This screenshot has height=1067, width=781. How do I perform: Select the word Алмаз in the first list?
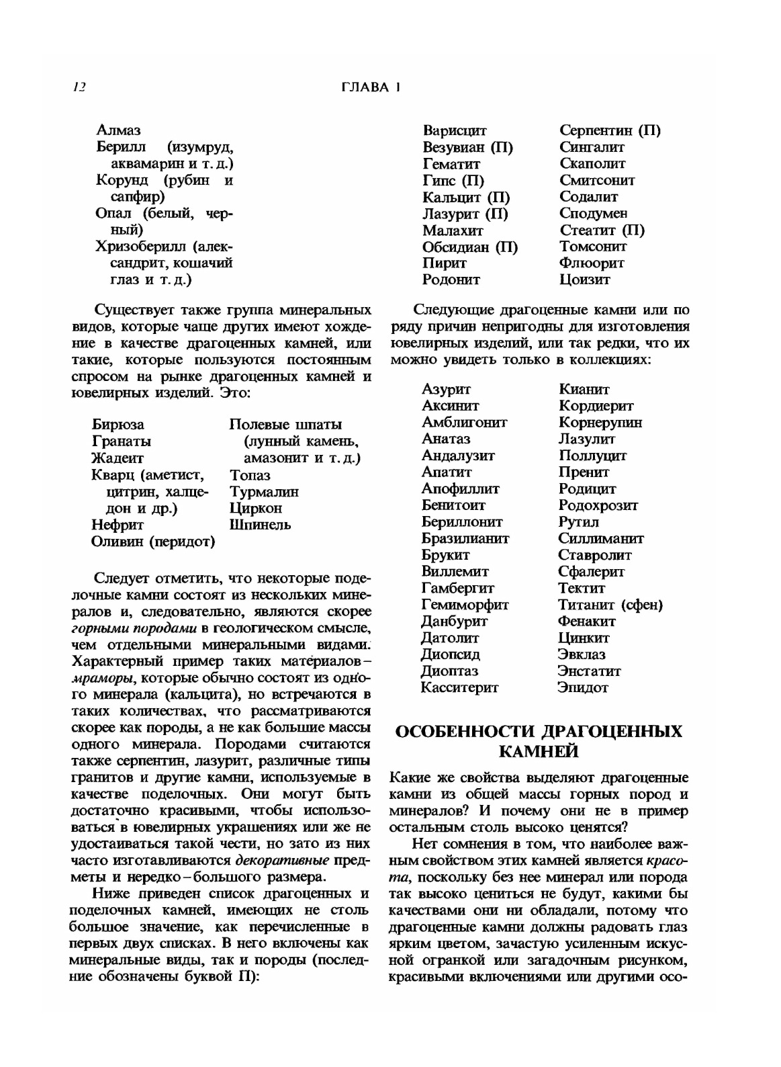[118, 130]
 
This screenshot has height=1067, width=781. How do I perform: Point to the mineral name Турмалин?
[264, 492]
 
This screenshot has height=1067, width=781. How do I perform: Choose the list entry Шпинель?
[260, 525]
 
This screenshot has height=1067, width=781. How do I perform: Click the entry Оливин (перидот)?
[153, 542]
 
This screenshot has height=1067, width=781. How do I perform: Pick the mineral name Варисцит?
[455, 130]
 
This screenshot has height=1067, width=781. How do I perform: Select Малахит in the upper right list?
[453, 230]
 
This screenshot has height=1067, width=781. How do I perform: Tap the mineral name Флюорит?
[592, 263]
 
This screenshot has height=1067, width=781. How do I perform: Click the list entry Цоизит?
[584, 280]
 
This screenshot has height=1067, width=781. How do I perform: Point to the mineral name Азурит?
[446, 389]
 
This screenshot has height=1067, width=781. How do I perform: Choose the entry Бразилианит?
[465, 538]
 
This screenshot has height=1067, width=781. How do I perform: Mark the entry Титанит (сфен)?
[610, 605]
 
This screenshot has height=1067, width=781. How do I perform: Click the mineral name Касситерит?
[459, 687]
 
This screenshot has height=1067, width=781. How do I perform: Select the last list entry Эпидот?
[583, 687]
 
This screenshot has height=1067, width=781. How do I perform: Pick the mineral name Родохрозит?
[598, 505]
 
